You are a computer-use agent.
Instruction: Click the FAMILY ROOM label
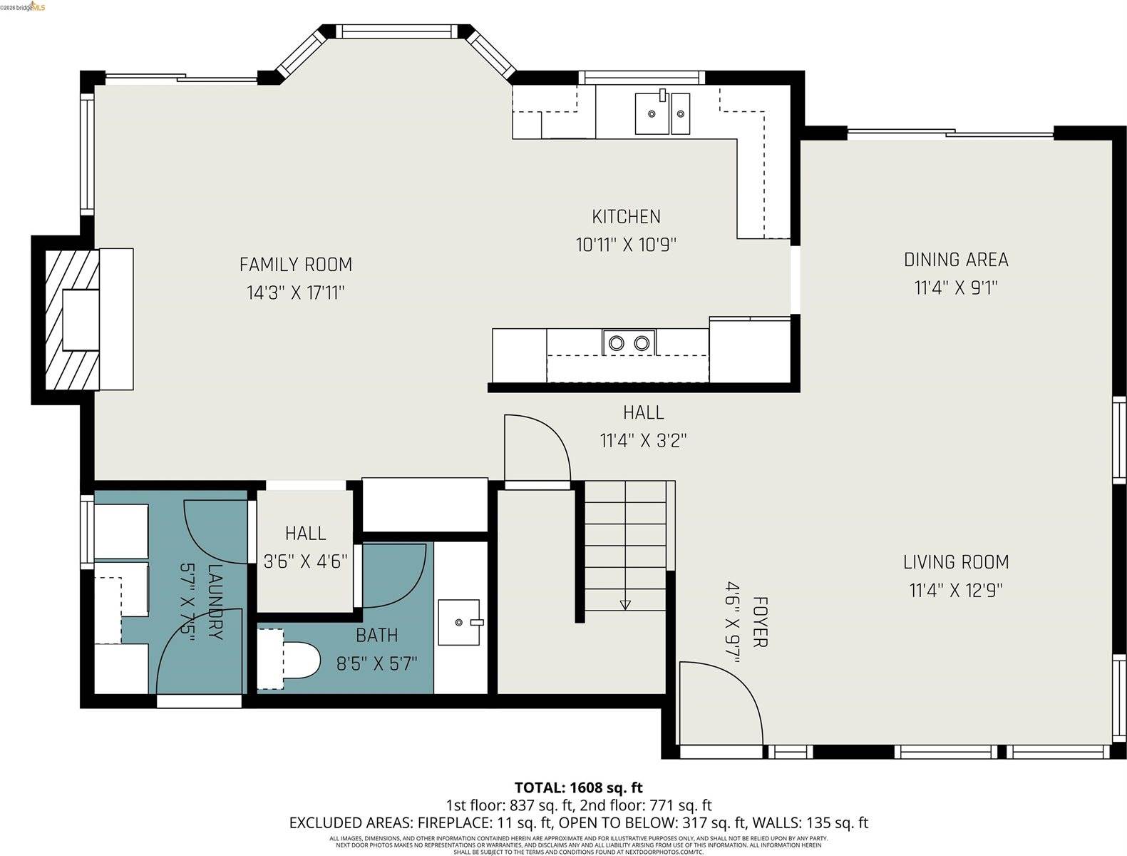295,265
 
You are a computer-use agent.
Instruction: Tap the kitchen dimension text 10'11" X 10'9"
626,245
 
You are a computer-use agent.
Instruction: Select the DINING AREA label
956,260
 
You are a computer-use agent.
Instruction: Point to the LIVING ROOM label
956,562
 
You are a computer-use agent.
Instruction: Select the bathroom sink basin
460,622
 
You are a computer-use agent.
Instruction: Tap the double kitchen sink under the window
662,113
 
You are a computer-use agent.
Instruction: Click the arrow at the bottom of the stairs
625,605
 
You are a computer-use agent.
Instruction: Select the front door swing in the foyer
716,703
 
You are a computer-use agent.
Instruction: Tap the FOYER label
759,622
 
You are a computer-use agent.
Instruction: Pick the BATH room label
377,635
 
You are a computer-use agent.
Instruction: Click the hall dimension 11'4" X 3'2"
643,441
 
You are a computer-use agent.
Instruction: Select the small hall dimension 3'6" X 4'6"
305,561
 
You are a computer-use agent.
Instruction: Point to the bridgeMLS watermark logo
23,6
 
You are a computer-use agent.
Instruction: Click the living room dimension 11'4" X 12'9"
956,591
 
